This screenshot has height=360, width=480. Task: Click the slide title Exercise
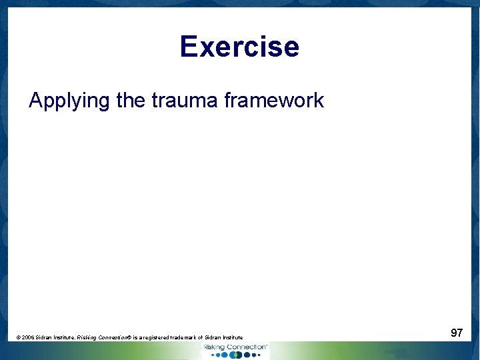coord(239,47)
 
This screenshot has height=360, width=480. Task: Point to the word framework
coord(274,101)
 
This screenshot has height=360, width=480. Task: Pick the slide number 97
coord(457,333)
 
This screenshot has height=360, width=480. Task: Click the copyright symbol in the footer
coord(18,338)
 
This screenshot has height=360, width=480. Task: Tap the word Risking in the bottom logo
coord(214,347)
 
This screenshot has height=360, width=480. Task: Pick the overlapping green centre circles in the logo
coord(235,355)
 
